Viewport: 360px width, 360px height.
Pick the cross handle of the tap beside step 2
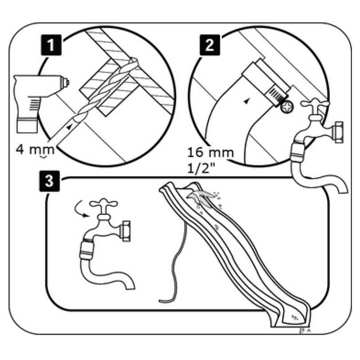pyautogui.click(x=314, y=104)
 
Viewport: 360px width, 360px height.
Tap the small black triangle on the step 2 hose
pyautogui.click(x=245, y=102)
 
